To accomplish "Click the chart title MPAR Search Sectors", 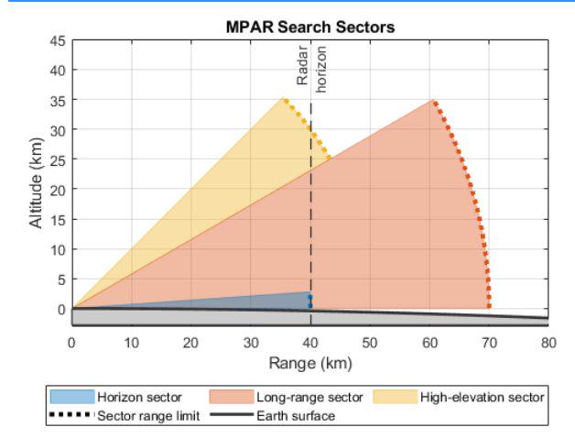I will pos(309,28).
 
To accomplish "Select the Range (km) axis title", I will pos(309,362).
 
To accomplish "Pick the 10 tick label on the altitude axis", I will pos(58,249).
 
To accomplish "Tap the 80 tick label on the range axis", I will pos(548,342).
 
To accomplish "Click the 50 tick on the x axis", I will pos(370,342).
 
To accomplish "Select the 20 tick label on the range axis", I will pos(190,342).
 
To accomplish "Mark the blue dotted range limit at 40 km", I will pos(310,300).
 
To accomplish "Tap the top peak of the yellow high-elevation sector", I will pos(283,99).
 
